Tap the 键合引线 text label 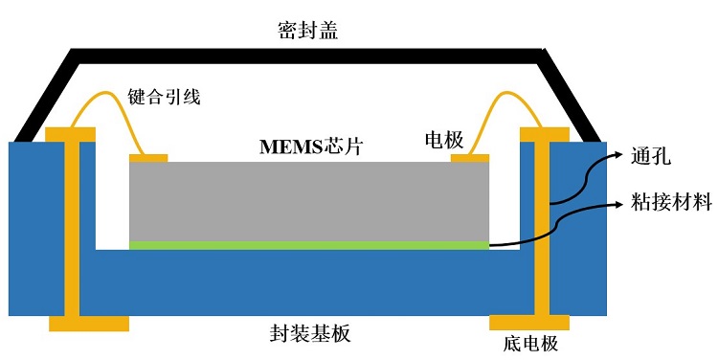165,97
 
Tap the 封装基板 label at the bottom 310,334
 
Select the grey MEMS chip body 309,200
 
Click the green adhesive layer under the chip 309,246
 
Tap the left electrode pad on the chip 148,158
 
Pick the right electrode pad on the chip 470,158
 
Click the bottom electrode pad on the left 88,323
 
